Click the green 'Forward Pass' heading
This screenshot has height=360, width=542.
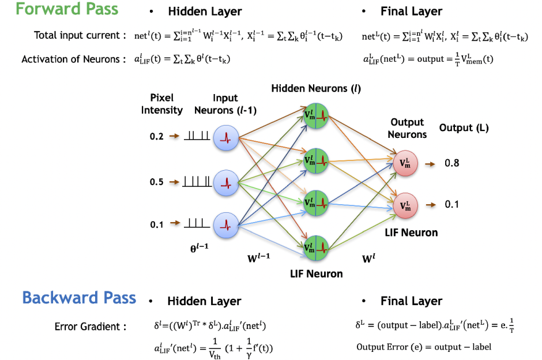pos(67,9)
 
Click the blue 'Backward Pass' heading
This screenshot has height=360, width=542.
pos(79,298)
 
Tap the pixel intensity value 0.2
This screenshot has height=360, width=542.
pos(157,136)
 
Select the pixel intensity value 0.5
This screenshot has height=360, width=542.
pos(157,182)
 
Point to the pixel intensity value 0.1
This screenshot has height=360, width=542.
pos(157,225)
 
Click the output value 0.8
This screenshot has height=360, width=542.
pos(452,163)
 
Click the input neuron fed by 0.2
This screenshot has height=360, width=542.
pos(225,138)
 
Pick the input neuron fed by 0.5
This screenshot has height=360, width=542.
pos(225,183)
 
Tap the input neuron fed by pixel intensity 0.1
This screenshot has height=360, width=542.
pos(225,226)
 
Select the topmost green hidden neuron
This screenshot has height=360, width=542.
pos(315,115)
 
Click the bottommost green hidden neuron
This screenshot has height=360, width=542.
pos(315,248)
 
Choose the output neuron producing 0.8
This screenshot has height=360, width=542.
pos(405,163)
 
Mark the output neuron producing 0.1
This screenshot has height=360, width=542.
pos(405,206)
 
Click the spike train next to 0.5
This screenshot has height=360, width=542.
pos(197,182)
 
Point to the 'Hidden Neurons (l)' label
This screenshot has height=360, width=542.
pos(316,88)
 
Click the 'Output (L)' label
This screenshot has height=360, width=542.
pos(464,128)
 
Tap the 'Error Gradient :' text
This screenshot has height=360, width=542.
pos(91,327)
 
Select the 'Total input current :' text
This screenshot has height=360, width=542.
pos(80,35)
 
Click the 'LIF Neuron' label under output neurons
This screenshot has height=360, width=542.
pos(411,232)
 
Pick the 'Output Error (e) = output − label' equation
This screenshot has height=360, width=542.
pos(424,347)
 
